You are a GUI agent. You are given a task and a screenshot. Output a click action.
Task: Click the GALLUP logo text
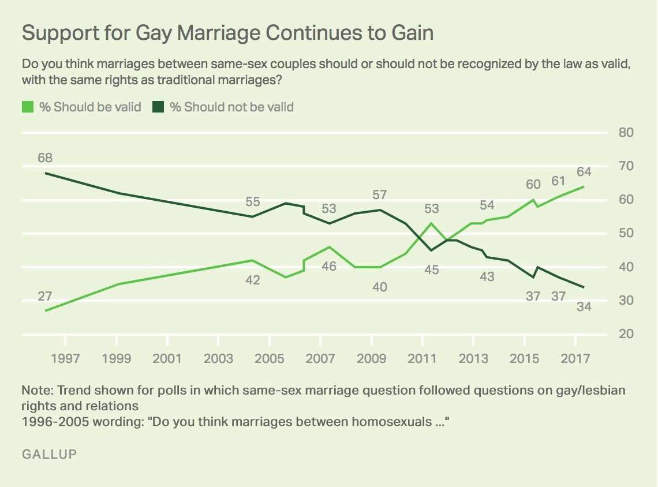[x=49, y=454]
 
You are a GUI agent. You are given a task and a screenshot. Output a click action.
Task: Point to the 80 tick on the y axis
[x=627, y=132]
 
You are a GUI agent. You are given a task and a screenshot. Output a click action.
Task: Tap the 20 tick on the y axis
[x=627, y=334]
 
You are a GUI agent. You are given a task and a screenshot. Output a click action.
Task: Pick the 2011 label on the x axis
[x=423, y=358]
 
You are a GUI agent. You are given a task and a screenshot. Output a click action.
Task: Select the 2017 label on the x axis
[x=575, y=358]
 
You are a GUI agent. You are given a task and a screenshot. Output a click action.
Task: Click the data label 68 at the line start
[x=45, y=158]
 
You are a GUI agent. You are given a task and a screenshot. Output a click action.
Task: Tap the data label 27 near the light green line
[x=45, y=297]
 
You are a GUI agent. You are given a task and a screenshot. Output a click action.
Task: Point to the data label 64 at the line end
[x=584, y=171]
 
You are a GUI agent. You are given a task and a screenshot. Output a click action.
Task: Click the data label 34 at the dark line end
[x=584, y=306]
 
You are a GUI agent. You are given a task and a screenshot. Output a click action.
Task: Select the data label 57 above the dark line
[x=379, y=194]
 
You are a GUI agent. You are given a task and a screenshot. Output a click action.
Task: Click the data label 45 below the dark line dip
[x=431, y=269]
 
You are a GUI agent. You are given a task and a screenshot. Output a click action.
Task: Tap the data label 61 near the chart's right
[x=558, y=181]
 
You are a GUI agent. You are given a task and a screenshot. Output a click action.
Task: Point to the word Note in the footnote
[x=35, y=389]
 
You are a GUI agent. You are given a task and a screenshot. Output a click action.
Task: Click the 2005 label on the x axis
[x=269, y=358]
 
